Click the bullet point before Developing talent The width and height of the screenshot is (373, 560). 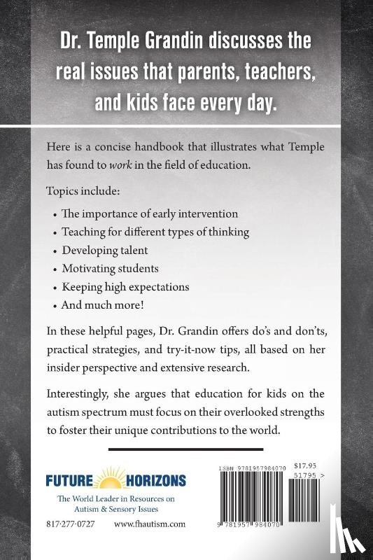tap(55, 249)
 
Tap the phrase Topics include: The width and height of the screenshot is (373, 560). tap(76, 190)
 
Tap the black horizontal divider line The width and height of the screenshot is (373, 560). tap(186, 449)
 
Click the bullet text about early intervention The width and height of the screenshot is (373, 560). tap(150, 213)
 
